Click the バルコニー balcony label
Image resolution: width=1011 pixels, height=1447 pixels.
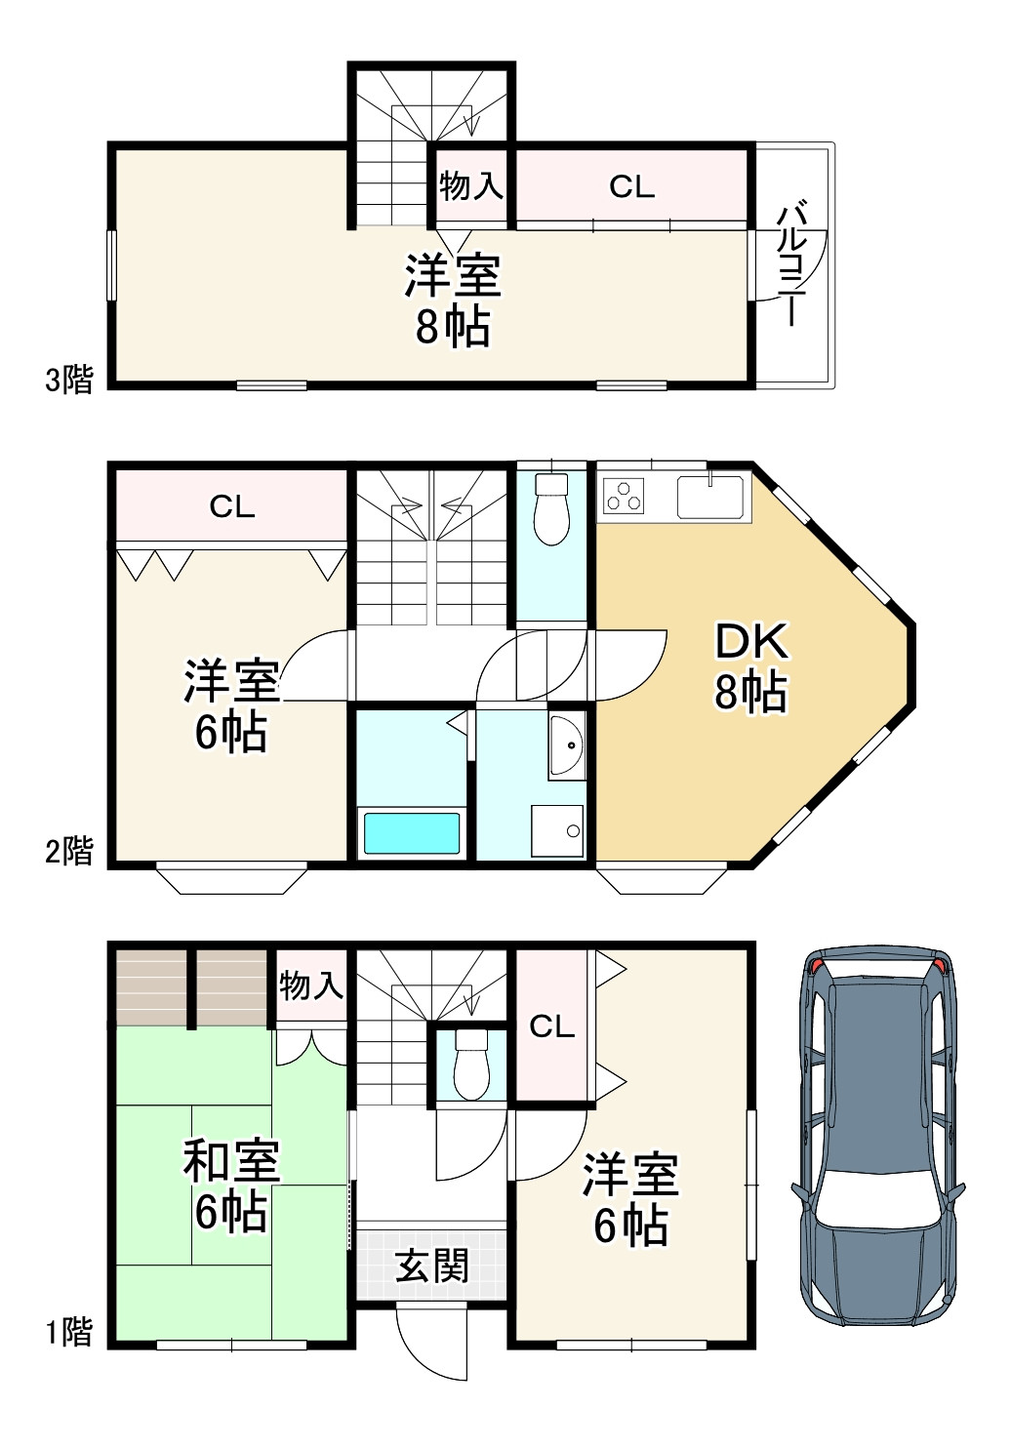coord(793,265)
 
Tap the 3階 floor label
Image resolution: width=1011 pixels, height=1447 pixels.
coord(69,380)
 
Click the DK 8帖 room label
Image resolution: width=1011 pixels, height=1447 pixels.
coord(750,666)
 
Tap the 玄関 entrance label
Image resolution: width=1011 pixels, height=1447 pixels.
coord(431,1266)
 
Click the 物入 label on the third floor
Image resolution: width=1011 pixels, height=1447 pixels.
coord(471,186)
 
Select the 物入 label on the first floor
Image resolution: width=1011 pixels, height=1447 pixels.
coord(310,985)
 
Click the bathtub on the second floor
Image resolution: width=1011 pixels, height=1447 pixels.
coord(412,833)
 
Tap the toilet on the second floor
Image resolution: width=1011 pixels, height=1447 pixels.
coord(551,509)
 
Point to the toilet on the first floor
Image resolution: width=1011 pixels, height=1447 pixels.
coord(471,1064)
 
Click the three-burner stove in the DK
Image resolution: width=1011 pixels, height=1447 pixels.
coord(624,496)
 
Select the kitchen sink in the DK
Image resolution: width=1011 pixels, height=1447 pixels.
coord(710,497)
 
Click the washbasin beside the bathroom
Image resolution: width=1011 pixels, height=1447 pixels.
coord(567,745)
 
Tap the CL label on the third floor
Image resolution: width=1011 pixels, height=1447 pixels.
coord(631,187)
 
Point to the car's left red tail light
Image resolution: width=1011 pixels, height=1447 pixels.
coord(817,967)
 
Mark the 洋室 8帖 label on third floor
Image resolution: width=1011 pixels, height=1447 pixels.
coord(453,301)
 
